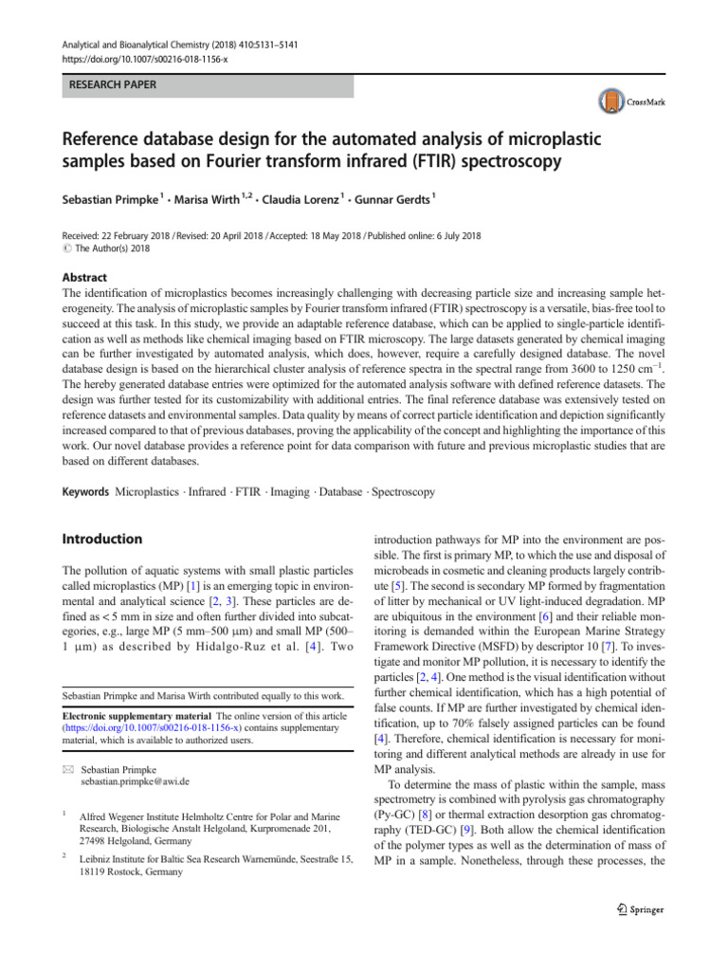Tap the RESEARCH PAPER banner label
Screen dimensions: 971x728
pyautogui.click(x=109, y=85)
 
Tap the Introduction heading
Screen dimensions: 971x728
pyautogui.click(x=101, y=539)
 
